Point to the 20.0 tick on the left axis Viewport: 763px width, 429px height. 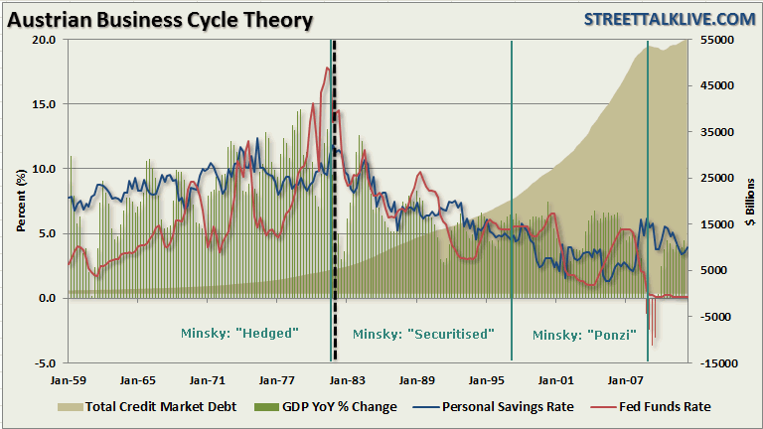[x=44, y=40]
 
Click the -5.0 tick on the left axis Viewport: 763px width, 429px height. [x=44, y=363]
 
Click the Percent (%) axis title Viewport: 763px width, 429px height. [x=21, y=202]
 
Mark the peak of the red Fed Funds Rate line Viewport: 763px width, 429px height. [x=327, y=68]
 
